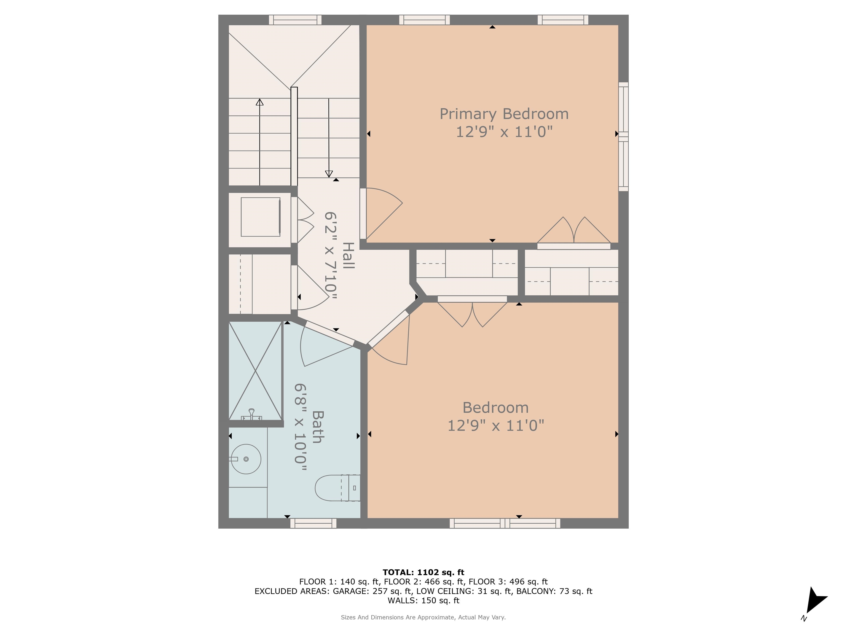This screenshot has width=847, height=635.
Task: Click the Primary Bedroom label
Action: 504,114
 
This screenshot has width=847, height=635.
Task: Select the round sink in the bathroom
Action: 246,459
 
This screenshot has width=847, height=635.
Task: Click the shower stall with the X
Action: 255,370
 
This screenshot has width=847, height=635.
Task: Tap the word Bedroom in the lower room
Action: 495,408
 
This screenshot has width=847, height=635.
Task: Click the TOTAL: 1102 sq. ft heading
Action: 423,572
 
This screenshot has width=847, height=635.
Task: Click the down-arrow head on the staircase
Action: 329,174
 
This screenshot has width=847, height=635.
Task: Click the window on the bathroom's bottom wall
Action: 313,523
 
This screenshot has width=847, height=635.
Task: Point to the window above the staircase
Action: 295,20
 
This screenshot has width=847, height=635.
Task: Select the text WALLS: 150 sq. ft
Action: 423,600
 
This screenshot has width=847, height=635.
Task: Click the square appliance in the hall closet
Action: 260,217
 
